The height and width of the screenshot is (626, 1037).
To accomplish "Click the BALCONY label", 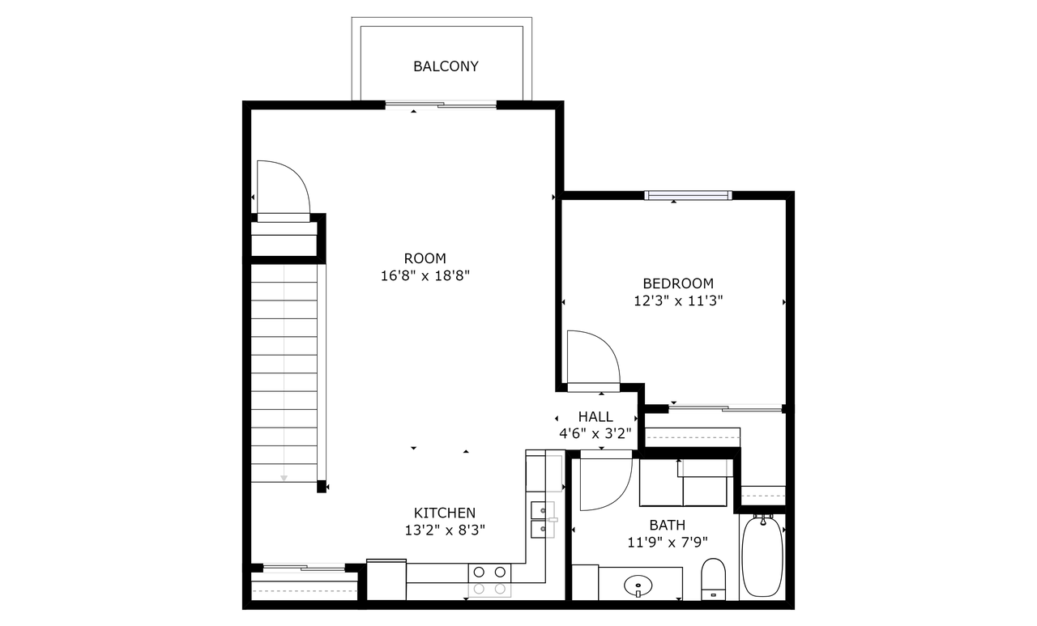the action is point(446,66).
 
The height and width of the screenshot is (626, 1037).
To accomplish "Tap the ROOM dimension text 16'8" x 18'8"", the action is point(425,276).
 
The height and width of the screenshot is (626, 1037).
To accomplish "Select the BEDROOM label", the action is point(678,283).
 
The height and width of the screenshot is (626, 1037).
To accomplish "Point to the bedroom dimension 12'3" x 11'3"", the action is point(678,301).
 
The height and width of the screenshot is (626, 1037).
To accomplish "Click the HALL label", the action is point(595,417).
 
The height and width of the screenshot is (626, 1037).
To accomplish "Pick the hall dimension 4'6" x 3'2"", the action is point(595,434).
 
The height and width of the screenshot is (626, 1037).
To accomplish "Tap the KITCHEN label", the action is point(445,513).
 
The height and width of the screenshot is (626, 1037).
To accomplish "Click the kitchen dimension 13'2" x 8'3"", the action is point(445,530).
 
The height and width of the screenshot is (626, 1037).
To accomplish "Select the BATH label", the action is point(667,525).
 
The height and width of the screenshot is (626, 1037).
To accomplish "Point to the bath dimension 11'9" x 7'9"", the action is point(667,543).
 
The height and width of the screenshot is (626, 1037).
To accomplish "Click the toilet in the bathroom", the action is point(713,579).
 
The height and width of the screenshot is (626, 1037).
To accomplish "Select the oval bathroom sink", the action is point(638,586).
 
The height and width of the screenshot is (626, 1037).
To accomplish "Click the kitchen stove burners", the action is point(489,580).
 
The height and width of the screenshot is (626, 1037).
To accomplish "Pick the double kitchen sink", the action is point(543,520).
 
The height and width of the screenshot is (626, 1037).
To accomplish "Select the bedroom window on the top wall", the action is point(688,196).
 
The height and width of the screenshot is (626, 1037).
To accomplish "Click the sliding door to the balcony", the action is point(441,105).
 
